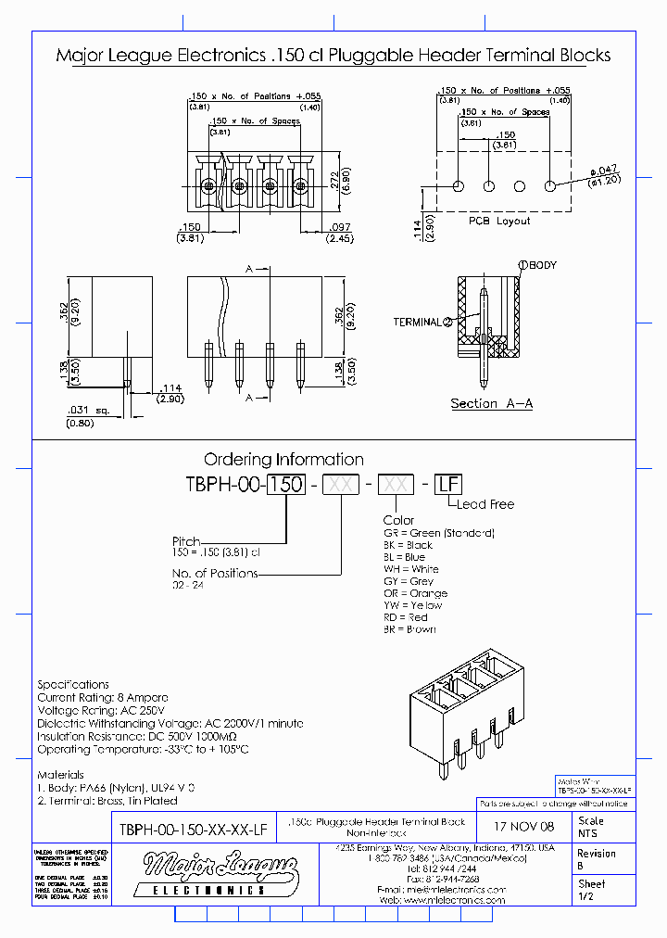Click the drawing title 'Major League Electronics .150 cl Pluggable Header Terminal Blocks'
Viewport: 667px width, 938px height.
[x=333, y=55]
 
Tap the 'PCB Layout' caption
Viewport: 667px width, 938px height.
[x=499, y=221]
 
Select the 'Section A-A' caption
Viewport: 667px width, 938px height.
[x=491, y=403]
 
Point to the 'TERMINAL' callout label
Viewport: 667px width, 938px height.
[x=418, y=322]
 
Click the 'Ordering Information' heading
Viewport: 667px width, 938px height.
[x=283, y=459]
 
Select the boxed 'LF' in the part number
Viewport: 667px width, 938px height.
[x=448, y=485]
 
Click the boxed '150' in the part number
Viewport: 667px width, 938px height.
[x=286, y=485]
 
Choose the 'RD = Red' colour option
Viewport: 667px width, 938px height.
[x=406, y=617]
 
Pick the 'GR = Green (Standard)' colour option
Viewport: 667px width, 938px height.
[x=439, y=533]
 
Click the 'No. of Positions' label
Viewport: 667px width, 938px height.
[x=215, y=573]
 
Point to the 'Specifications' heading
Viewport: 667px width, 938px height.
[x=73, y=684]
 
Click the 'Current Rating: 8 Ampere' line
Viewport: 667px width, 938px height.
[x=103, y=696]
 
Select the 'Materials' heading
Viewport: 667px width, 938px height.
[x=60, y=774]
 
